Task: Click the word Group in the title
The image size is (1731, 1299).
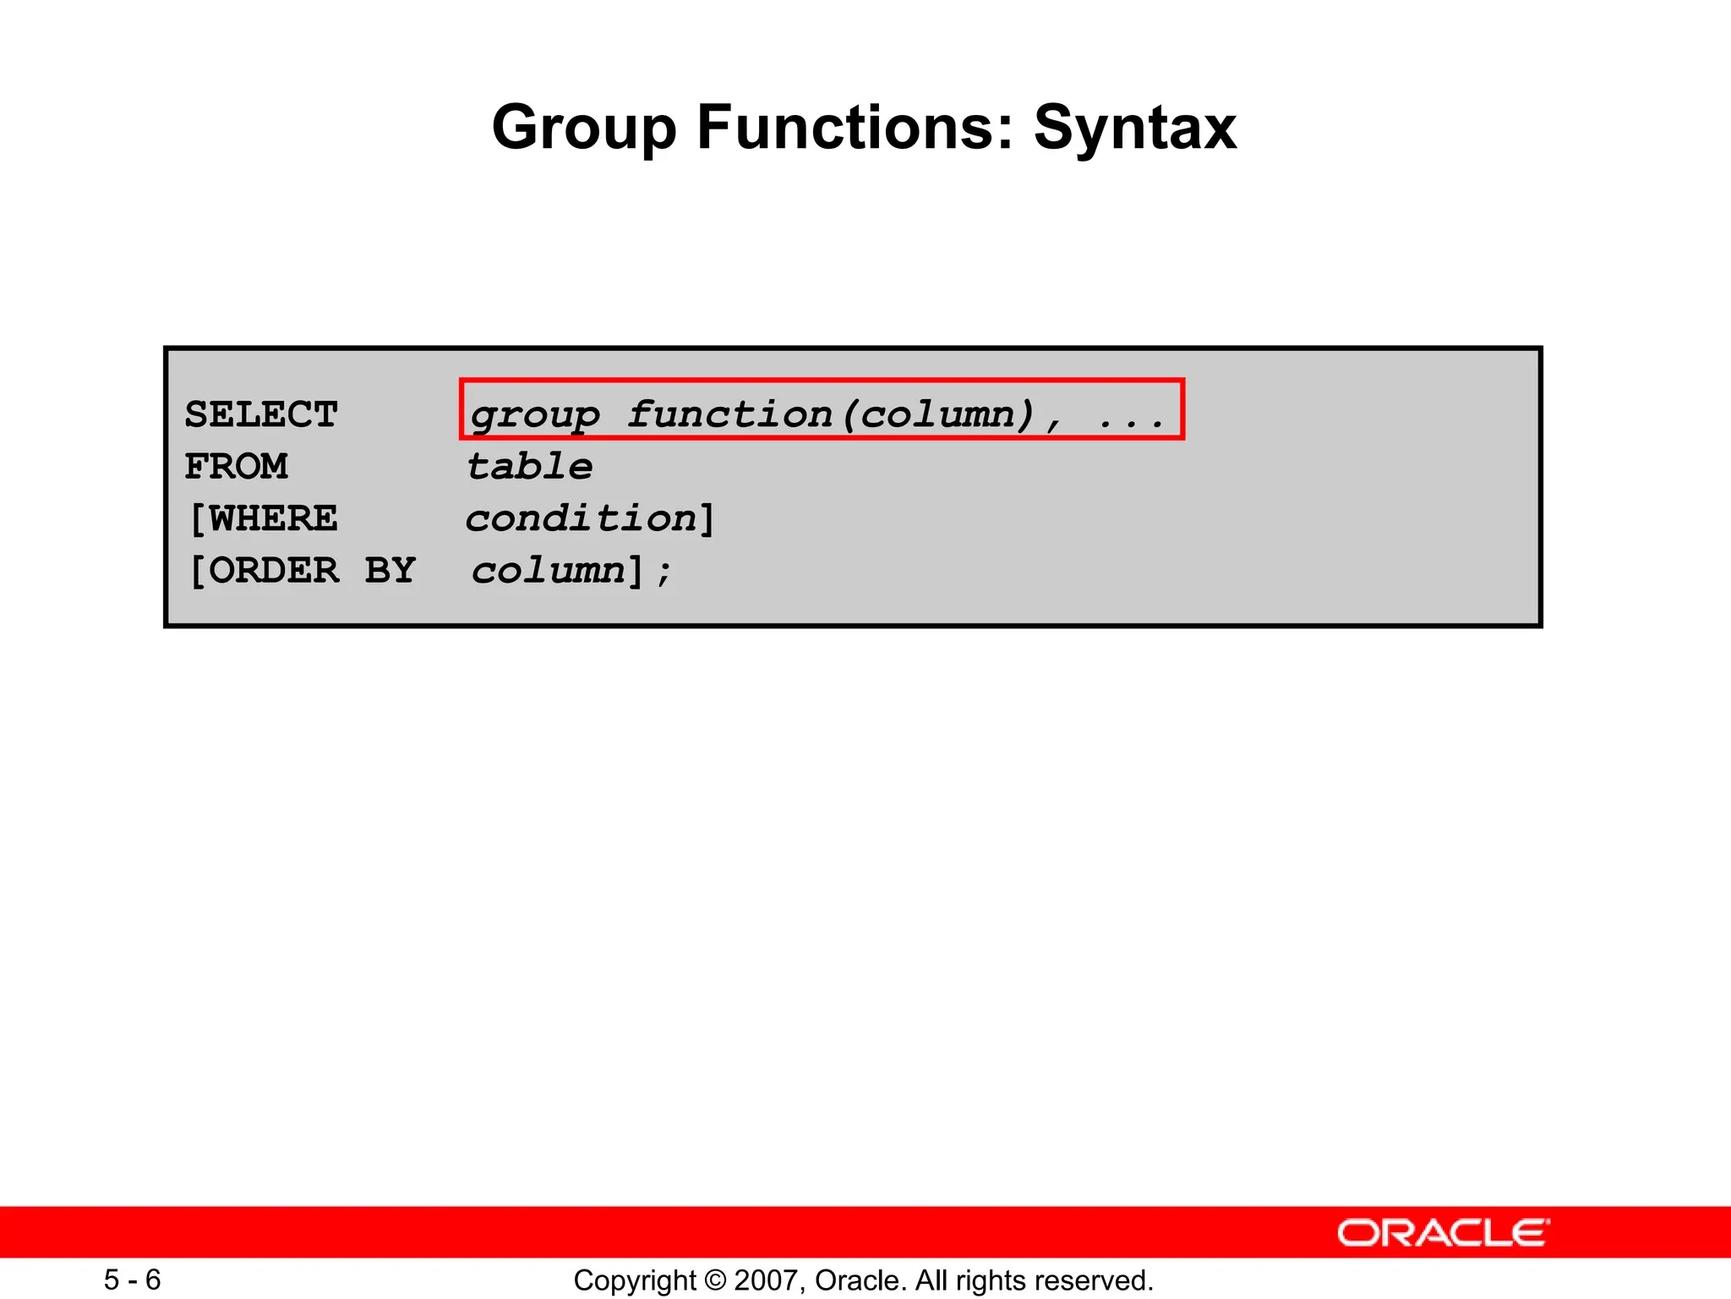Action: point(584,129)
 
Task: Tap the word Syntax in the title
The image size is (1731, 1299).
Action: point(1134,129)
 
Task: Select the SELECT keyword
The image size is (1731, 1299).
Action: point(261,414)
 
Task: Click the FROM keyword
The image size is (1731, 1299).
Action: point(237,466)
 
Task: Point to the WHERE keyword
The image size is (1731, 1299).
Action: point(272,518)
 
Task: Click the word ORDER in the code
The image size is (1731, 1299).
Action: point(273,570)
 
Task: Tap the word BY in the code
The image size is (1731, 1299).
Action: point(390,570)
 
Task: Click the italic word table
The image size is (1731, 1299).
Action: point(530,466)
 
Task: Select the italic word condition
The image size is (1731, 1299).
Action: point(582,518)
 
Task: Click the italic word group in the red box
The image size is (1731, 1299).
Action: point(535,415)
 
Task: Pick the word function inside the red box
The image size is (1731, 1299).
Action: point(730,414)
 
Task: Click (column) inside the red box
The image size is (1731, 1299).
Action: point(938,414)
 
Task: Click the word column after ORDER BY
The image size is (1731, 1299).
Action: point(548,570)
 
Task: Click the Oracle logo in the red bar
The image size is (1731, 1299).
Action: point(1443,1232)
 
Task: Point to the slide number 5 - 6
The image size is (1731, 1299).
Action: point(133,1280)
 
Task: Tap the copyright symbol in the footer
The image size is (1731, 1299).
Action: point(715,1280)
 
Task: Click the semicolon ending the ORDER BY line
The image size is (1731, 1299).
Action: point(663,573)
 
